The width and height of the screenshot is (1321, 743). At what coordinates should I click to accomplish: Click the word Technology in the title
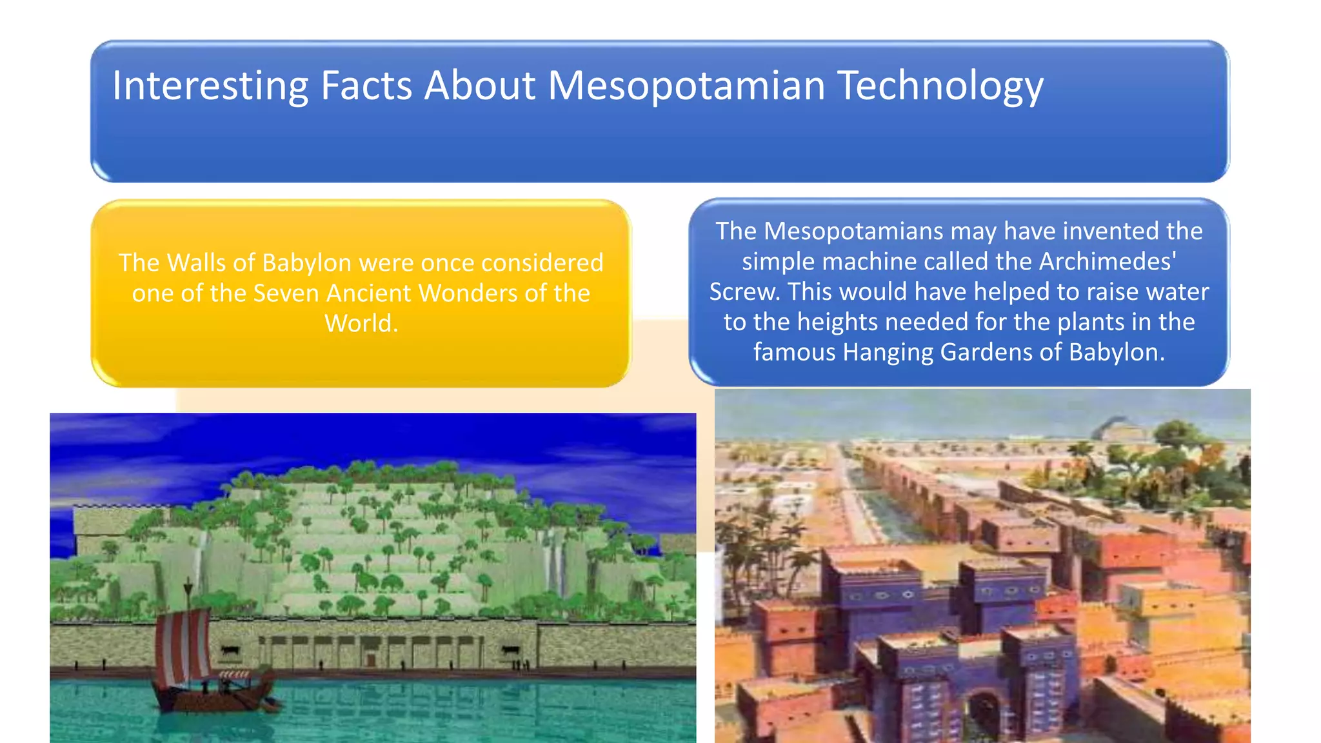[940, 86]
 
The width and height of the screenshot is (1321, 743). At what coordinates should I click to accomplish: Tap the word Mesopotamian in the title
[686, 86]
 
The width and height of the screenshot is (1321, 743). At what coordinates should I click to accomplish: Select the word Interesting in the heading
[210, 86]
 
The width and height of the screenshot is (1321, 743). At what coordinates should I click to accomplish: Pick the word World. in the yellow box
[361, 324]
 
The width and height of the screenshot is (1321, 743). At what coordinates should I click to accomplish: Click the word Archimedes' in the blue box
[1107, 262]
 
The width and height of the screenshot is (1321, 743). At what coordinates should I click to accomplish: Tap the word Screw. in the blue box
[744, 292]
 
